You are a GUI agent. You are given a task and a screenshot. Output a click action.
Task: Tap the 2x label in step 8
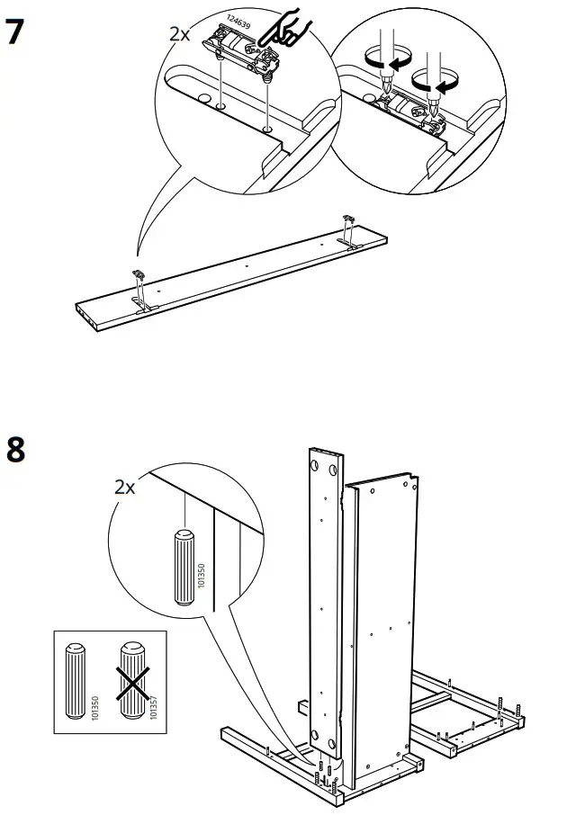coord(124,488)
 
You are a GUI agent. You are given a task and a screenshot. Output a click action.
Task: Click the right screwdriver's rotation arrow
coord(435,84)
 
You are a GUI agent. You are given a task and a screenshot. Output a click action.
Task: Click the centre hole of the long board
coord(246,266)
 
